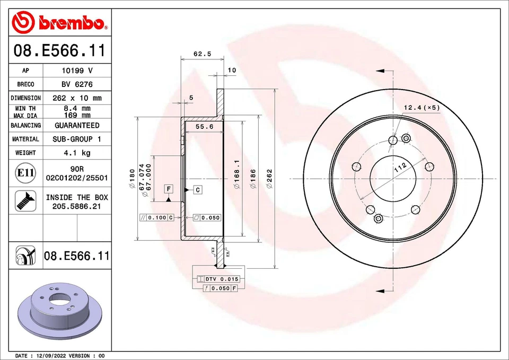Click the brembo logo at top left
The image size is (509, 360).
point(59,22)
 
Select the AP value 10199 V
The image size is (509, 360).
point(77,71)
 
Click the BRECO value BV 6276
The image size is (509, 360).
point(77,84)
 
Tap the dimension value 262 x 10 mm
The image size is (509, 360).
point(77,98)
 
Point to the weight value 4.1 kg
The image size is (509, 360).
point(77,153)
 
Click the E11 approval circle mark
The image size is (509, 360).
point(25,173)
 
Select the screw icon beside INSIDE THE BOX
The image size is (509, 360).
point(25,201)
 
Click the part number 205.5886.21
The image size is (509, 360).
point(77,206)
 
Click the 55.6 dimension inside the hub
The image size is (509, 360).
point(204,127)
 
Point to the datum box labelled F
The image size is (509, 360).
point(168,189)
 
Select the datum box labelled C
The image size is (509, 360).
point(197,189)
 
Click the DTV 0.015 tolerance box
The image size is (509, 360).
point(218,279)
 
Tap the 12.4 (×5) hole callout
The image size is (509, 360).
point(422,108)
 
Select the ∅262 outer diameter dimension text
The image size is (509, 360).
point(269,179)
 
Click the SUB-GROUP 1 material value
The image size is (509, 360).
point(77,139)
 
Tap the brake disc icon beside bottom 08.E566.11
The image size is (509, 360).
point(25,256)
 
